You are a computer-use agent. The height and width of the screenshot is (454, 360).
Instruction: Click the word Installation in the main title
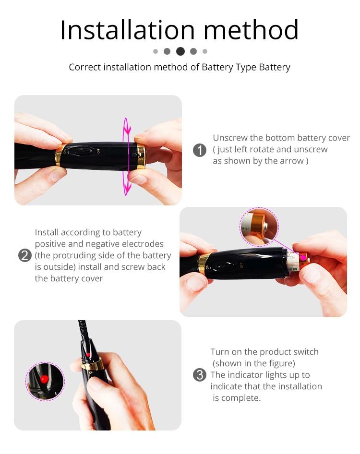(x=128, y=30)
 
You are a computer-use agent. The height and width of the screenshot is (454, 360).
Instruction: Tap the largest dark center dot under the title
(x=180, y=51)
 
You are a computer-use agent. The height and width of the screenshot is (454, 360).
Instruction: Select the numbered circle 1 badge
(x=200, y=150)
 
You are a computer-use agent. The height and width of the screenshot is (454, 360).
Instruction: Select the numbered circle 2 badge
(x=25, y=255)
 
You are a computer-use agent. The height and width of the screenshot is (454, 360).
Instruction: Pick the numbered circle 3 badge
(x=200, y=375)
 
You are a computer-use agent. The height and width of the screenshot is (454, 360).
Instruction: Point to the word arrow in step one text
(x=291, y=161)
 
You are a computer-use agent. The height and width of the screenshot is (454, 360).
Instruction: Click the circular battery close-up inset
(x=259, y=227)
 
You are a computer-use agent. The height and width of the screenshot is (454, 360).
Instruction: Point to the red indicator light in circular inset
(x=44, y=379)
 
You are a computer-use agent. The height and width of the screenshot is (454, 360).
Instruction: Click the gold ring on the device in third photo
(x=92, y=365)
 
